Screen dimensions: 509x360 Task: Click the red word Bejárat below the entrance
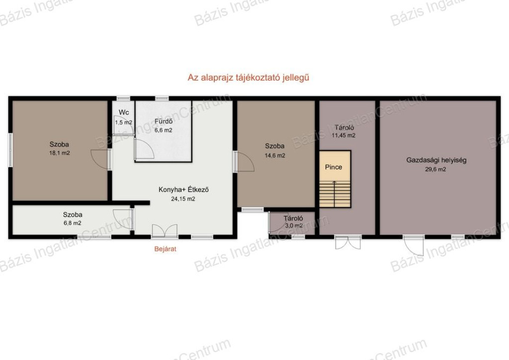pyautogui.click(x=165, y=249)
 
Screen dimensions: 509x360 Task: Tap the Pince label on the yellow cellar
pyautogui.click(x=334, y=167)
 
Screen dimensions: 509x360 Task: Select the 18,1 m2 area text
pyautogui.click(x=60, y=153)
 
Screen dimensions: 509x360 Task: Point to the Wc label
pyautogui.click(x=124, y=112)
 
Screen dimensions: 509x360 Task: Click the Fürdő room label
pyautogui.click(x=164, y=122)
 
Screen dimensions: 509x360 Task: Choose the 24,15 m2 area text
pyautogui.click(x=183, y=199)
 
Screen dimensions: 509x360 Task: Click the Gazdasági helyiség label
pyautogui.click(x=436, y=160)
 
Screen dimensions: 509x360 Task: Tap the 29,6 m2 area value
pyautogui.click(x=435, y=169)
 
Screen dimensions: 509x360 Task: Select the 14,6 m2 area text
pyautogui.click(x=275, y=156)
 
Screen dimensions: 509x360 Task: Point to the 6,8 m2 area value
pyautogui.click(x=73, y=223)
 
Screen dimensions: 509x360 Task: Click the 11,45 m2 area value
pyautogui.click(x=343, y=135)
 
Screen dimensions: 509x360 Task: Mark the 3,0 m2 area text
pyautogui.click(x=294, y=226)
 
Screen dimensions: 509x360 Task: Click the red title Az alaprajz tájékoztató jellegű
pyautogui.click(x=249, y=78)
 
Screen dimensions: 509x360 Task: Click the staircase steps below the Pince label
pyautogui.click(x=335, y=194)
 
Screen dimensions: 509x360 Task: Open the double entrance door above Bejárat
pyautogui.click(x=165, y=231)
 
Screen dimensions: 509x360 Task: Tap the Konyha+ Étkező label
pyautogui.click(x=183, y=189)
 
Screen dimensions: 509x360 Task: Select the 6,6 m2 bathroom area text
pyautogui.click(x=163, y=130)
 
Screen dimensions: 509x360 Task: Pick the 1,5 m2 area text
pyautogui.click(x=124, y=122)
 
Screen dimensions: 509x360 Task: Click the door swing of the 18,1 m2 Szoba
pyautogui.click(x=100, y=159)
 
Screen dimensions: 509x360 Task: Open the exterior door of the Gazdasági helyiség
pyautogui.click(x=414, y=245)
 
